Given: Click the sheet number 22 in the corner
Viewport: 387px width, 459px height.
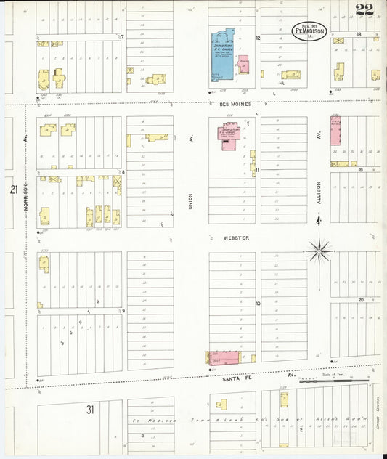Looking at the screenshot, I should click(x=365, y=9).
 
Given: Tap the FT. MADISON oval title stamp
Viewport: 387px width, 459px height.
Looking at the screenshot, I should click(x=310, y=31).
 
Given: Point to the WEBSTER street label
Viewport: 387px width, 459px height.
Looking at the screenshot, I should click(x=236, y=238).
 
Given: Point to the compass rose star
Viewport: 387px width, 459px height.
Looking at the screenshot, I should click(x=318, y=252).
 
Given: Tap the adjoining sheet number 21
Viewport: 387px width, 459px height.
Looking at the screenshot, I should click(x=13, y=190).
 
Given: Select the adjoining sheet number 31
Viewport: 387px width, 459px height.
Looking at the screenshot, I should click(x=90, y=410).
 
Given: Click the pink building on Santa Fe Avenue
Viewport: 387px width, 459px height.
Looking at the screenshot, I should click(x=224, y=357).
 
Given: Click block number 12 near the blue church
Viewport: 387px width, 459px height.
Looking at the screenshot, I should click(x=257, y=37).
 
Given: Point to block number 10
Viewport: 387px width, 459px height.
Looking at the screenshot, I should click(x=257, y=303).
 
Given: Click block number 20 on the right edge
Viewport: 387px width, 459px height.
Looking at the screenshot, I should click(x=360, y=299).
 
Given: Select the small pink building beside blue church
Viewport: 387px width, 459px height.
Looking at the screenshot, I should click(x=244, y=64).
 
